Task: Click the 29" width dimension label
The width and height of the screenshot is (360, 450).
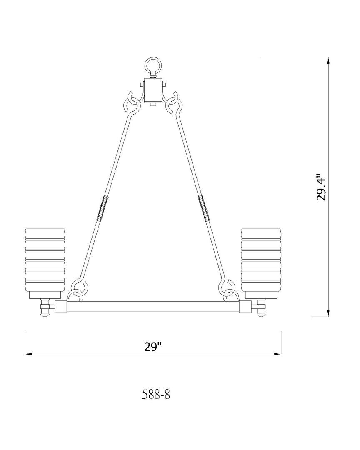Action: [x=152, y=347]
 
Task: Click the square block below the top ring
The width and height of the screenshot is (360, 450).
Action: [x=153, y=91]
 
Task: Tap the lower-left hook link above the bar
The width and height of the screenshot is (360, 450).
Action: [x=80, y=290]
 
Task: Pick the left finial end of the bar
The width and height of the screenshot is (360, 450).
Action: [x=45, y=309]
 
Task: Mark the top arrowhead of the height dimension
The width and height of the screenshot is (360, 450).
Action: [x=329, y=60]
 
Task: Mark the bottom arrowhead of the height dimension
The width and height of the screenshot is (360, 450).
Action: [x=329, y=313]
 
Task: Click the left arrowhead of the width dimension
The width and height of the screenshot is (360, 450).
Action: [x=28, y=354]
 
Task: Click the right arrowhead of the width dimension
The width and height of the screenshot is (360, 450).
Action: [x=277, y=354]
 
